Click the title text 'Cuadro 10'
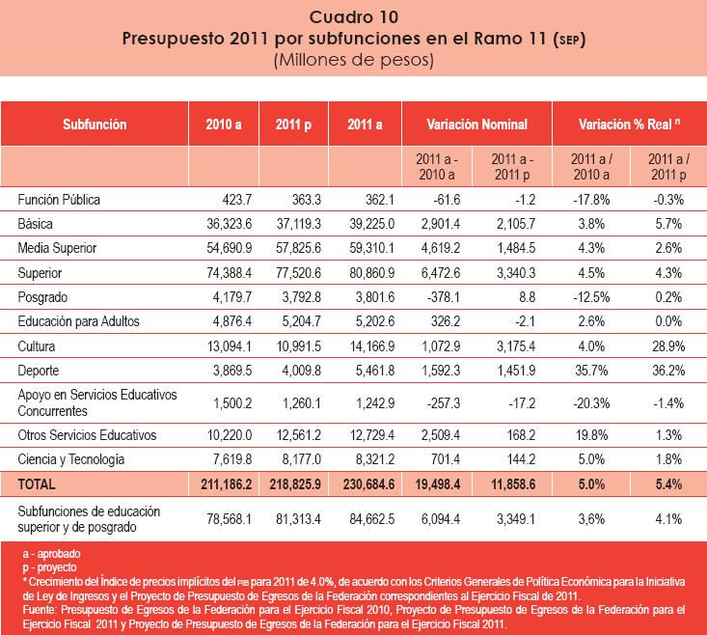click(x=353, y=16)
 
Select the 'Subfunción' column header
click(x=95, y=124)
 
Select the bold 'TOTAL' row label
click(x=38, y=483)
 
